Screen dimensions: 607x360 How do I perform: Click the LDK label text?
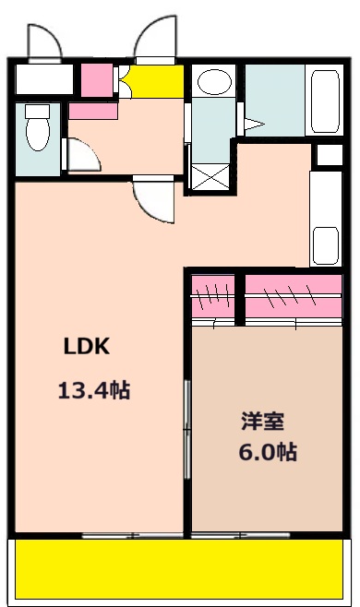click(87, 347)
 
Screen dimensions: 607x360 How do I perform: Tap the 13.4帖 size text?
click(93, 390)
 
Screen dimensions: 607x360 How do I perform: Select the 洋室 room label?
click(262, 422)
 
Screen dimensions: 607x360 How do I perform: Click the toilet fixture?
click(38, 128)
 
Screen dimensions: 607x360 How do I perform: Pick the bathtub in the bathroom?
click(326, 103)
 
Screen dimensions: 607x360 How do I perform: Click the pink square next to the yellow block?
click(94, 79)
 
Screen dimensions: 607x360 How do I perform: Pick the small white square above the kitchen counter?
click(327, 155)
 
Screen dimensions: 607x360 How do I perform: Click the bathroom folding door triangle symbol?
click(252, 123)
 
